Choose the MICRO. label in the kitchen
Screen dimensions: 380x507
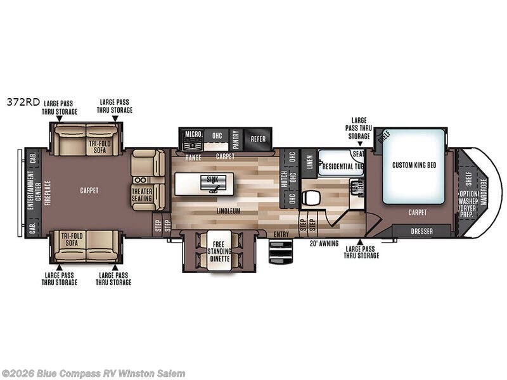pyautogui.click(x=193, y=135)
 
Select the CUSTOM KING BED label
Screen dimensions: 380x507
pyautogui.click(x=414, y=165)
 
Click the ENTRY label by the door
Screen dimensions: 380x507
pyautogui.click(x=281, y=235)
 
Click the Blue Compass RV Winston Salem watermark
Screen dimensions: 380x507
pyautogui.click(x=93, y=373)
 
